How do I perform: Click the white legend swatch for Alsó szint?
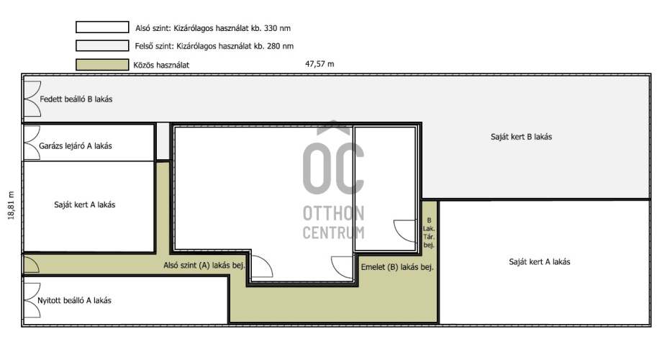coord(102,27)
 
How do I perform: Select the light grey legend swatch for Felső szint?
coord(102,45)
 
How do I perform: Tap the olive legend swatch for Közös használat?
coord(102,65)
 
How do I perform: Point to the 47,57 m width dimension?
coord(319,64)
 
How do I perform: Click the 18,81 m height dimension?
coord(11,205)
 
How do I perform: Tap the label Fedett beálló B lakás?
coord(76,99)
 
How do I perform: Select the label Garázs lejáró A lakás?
coord(76,146)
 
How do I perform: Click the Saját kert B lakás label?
coord(521,137)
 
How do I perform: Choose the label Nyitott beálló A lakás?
coord(74,300)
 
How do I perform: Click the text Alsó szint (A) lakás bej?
coord(204,266)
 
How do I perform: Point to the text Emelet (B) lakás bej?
coord(397,267)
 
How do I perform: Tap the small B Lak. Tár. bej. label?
coord(429,233)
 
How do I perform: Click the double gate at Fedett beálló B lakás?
coord(32,99)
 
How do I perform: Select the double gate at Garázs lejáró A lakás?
coord(32,143)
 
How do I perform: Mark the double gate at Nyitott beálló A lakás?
coord(32,300)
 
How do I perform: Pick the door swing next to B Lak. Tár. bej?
coord(404,230)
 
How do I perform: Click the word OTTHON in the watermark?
coord(334,213)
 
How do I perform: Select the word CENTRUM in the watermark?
coord(334,233)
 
